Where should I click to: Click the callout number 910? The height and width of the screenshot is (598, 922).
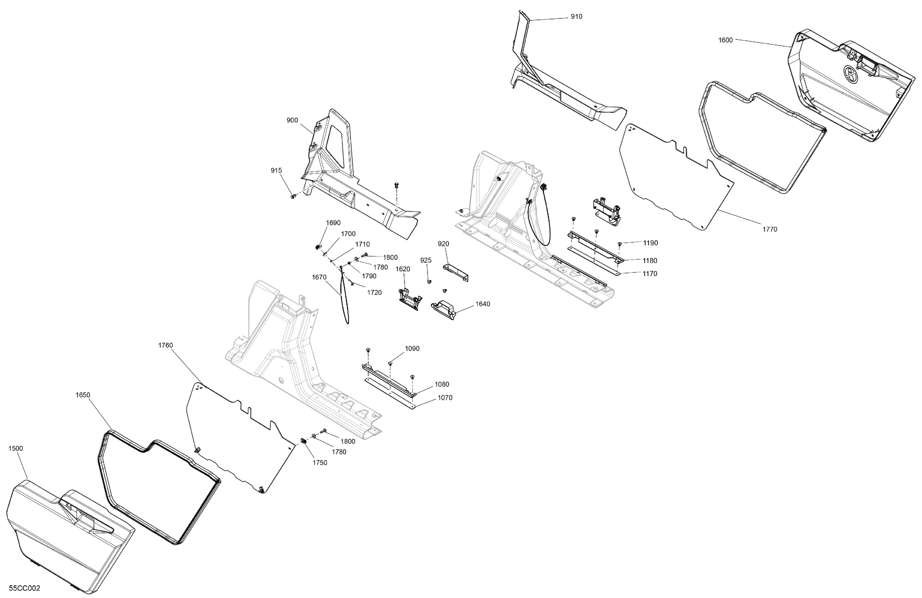click(x=576, y=17)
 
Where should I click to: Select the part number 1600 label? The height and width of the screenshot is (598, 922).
click(x=725, y=40)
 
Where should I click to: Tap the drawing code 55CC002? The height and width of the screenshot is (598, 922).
click(x=24, y=588)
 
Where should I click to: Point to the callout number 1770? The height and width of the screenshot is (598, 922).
click(x=770, y=229)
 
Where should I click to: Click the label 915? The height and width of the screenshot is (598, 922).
click(x=276, y=171)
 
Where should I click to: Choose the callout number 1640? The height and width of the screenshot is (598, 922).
click(x=483, y=304)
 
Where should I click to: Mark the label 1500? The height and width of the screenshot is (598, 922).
click(x=15, y=448)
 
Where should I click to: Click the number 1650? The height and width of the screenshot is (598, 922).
click(x=83, y=395)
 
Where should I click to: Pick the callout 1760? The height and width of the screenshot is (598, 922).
click(x=165, y=345)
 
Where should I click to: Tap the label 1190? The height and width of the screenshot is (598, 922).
click(x=651, y=243)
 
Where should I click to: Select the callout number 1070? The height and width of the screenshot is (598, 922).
click(x=445, y=397)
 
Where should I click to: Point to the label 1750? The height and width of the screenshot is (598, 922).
click(x=320, y=463)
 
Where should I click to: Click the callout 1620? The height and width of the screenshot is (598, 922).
click(x=403, y=269)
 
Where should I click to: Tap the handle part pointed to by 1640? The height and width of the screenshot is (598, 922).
click(x=443, y=309)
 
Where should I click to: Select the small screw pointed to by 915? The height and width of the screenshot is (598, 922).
click(x=293, y=197)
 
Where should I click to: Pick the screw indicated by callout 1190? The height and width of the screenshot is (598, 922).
click(x=620, y=244)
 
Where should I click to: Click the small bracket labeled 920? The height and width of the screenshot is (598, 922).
click(x=456, y=271)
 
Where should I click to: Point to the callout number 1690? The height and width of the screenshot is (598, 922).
click(x=333, y=223)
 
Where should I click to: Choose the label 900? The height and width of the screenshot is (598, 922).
click(x=292, y=120)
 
